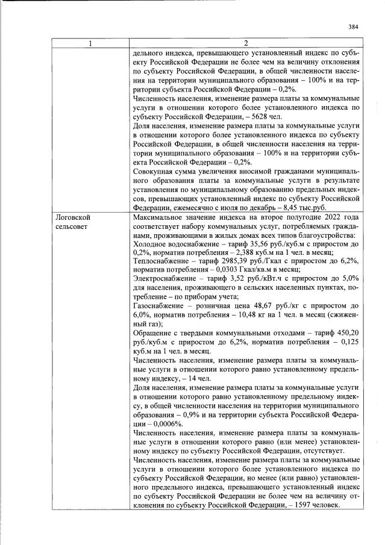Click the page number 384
[x=353, y=26]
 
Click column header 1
[x=90, y=43]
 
